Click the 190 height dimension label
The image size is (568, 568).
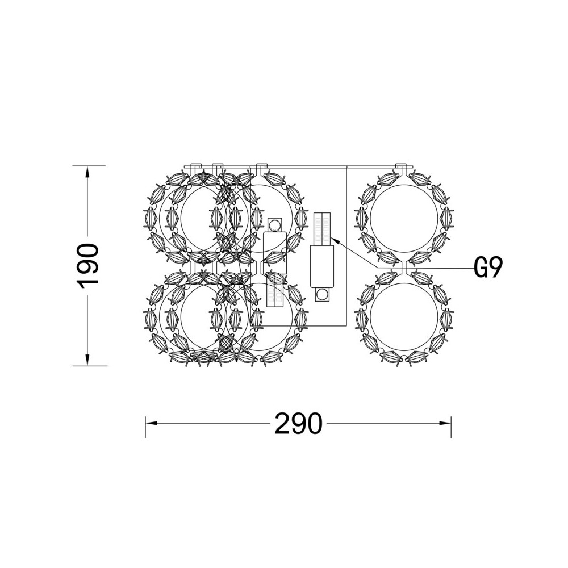pyautogui.click(x=87, y=266)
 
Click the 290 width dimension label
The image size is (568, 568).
pyautogui.click(x=298, y=423)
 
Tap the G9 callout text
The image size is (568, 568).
pyautogui.click(x=488, y=268)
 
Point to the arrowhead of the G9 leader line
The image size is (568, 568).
pyautogui.click(x=335, y=240)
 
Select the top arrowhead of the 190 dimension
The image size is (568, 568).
pyautogui.click(x=87, y=172)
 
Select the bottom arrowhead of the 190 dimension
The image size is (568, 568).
pyautogui.click(x=87, y=360)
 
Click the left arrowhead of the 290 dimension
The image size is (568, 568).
pyautogui.click(x=152, y=423)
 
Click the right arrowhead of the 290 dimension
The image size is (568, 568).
pyautogui.click(x=445, y=423)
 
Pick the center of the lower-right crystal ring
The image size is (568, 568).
pyautogui.click(x=404, y=316)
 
